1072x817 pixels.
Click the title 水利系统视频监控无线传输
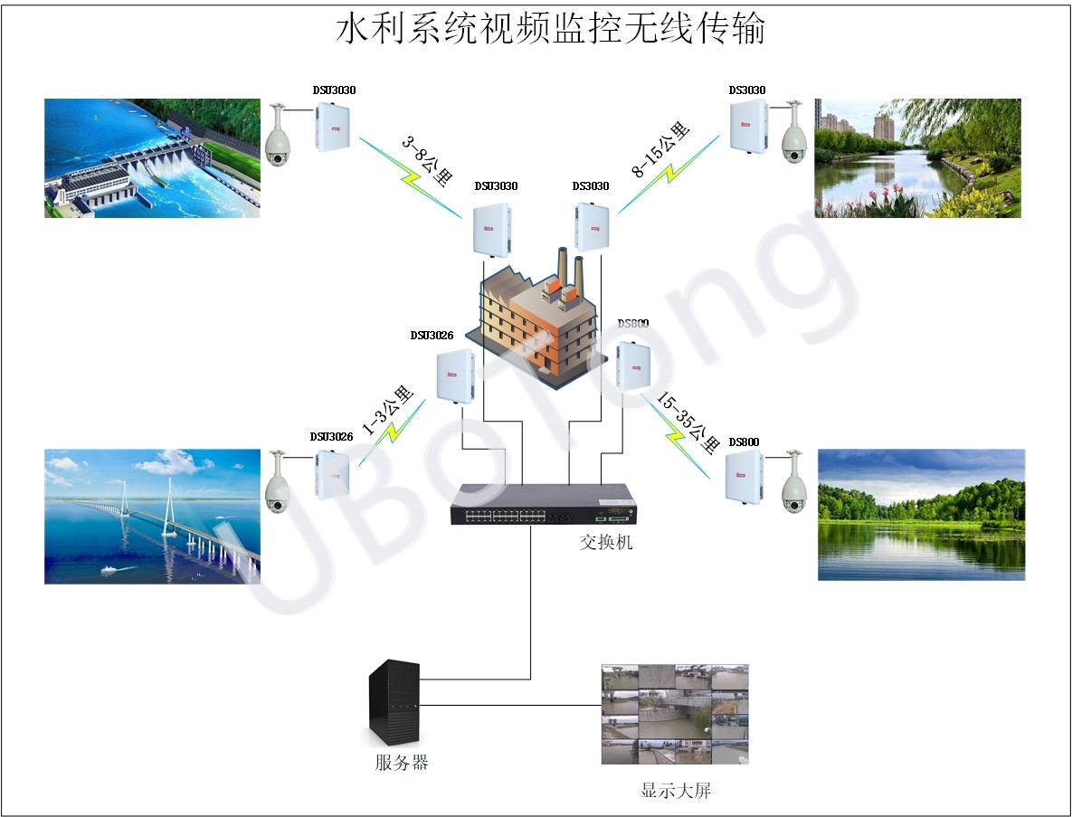coord(551,28)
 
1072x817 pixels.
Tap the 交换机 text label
coord(605,542)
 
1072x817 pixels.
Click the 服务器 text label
coord(401,762)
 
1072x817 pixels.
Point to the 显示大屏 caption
coord(676,791)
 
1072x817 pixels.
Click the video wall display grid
coord(675,715)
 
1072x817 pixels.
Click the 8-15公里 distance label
coord(661,149)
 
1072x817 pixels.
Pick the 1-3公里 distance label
coord(388,412)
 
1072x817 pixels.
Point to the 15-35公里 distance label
coord(685,415)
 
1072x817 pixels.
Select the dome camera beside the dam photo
coord(279,137)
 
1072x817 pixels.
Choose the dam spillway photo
coord(152,158)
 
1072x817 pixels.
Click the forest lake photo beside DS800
coord(921,514)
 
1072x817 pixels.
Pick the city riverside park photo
coord(917,158)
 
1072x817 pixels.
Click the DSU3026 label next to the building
coord(432,336)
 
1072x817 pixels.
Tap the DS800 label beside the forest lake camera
coord(744,442)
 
